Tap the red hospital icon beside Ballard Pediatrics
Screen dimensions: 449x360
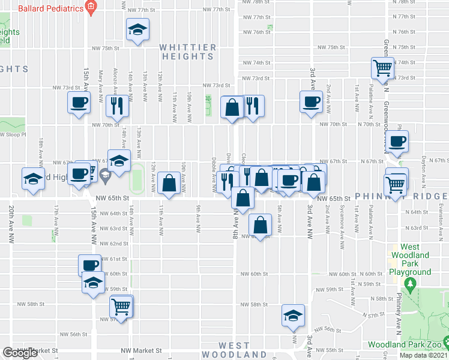click(91, 8)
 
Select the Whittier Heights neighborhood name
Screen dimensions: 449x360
click(188, 52)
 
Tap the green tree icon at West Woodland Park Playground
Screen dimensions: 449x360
click(410, 282)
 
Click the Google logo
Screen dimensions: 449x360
click(20, 353)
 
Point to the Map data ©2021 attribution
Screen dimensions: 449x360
click(423, 355)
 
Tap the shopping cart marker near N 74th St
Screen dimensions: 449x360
click(382, 68)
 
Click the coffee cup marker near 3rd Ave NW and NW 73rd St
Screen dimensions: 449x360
click(311, 101)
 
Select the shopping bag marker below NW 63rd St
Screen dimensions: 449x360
click(259, 225)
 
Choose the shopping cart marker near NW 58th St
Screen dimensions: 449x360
click(121, 307)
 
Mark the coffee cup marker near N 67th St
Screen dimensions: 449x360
click(397, 142)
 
